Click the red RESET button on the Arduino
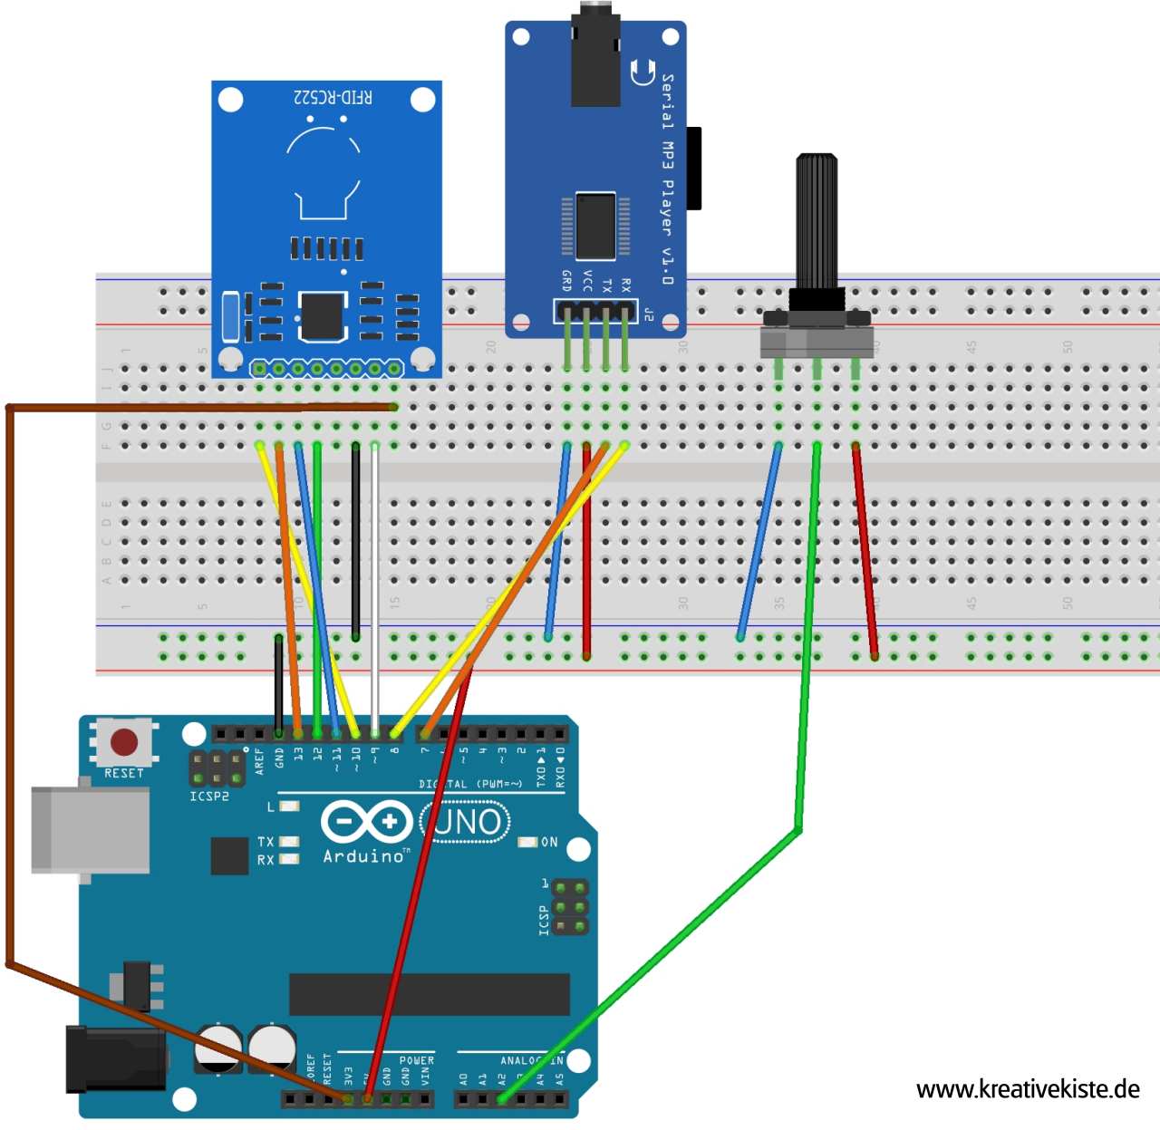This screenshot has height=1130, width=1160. tap(123, 743)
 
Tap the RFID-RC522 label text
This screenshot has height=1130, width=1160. tap(333, 97)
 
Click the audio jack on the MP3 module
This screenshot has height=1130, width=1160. tap(595, 54)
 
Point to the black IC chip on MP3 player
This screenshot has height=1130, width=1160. tap(595, 227)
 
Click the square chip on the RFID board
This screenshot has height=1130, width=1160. tap(323, 315)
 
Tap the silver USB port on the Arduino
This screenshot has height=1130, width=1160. tap(90, 830)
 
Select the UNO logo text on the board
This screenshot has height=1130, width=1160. tap(467, 823)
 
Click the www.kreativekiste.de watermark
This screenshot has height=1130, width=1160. tap(1028, 1089)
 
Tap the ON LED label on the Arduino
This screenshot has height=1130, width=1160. tap(549, 842)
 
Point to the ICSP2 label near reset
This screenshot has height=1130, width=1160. tap(208, 797)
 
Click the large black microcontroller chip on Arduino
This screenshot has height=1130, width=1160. tap(429, 994)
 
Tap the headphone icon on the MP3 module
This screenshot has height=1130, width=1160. tap(643, 72)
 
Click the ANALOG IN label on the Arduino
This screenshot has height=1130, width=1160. tap(531, 1060)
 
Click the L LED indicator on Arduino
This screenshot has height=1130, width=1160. tap(289, 806)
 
